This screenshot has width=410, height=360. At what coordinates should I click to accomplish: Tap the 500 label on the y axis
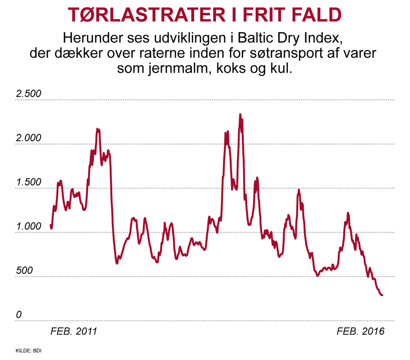click(24, 271)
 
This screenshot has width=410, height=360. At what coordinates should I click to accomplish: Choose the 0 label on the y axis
click(18, 315)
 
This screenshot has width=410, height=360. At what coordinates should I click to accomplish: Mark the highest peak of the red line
click(240, 115)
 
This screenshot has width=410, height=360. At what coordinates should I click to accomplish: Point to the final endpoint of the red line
click(382, 295)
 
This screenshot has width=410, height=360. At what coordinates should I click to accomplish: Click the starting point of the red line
click(51, 225)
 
